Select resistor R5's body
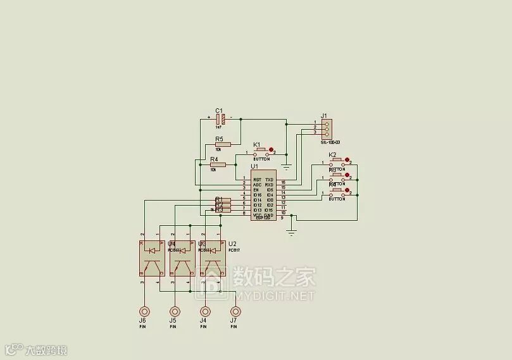[227, 144]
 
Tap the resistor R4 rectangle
[218, 164]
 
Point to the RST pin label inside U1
[257, 180]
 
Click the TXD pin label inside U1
[270, 180]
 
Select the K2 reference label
[332, 155]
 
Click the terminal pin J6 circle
[145, 312]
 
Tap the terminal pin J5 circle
[175, 312]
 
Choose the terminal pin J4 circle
[205, 312]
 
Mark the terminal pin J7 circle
[235, 312]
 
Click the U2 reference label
[232, 244]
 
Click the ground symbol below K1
[286, 166]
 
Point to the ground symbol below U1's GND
[291, 232]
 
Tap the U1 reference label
[254, 166]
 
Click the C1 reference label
[219, 110]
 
